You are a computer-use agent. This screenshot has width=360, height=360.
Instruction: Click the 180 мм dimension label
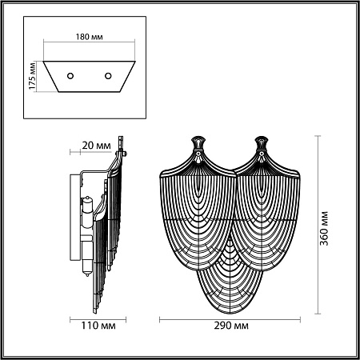coord(87,36)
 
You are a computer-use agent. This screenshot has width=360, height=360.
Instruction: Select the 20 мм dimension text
coord(96,146)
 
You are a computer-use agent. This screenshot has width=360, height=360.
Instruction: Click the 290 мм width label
coord(230,327)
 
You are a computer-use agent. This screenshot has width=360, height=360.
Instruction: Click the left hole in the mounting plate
coord(70,75)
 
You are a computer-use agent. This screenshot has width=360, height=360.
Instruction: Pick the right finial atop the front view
coord(262,146)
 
